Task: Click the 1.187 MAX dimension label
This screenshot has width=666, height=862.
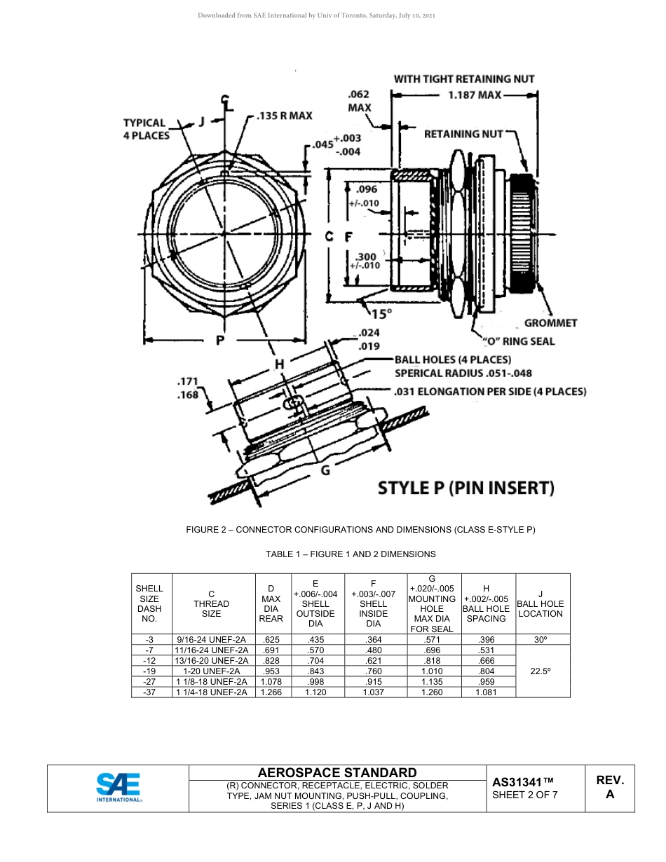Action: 474,95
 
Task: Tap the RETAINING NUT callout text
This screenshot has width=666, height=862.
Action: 463,133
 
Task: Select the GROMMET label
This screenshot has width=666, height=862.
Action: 550,323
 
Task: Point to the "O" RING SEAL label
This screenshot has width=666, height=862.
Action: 518,341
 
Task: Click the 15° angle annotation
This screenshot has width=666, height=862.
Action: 382,314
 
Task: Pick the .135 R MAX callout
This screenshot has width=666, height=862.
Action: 283,115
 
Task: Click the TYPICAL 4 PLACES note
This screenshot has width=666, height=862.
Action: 147,129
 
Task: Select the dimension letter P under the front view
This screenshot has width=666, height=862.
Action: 220,341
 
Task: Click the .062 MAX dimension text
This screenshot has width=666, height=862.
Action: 359,101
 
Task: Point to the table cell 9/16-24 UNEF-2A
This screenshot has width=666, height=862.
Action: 211,640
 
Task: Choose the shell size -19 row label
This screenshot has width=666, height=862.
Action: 149,671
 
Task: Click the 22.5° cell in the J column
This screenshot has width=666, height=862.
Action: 540,671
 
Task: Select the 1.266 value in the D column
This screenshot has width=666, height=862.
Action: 271,692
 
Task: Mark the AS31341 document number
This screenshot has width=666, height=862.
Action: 523,781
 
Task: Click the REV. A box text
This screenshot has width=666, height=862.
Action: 609,787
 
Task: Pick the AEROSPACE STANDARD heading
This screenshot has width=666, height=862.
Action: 337,772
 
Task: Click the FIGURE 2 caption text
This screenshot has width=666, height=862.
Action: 360,530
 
